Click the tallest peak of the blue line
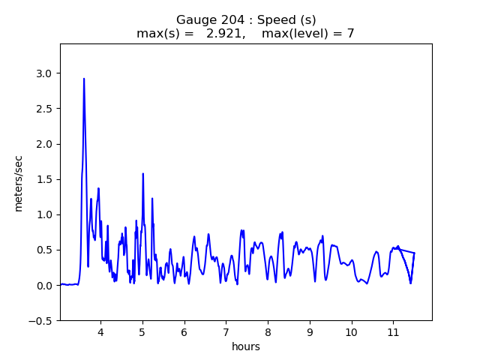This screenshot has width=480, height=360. [x=84, y=79]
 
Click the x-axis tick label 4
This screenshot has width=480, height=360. [x=100, y=331]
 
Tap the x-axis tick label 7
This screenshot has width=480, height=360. [x=226, y=331]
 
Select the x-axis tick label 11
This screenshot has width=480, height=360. [x=392, y=331]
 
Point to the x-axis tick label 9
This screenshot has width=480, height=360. [x=309, y=331]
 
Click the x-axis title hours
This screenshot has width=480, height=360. [x=246, y=346]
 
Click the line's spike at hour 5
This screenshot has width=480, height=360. [x=142, y=174]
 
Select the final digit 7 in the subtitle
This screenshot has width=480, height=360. [x=350, y=34]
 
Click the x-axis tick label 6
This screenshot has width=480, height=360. [x=184, y=331]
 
